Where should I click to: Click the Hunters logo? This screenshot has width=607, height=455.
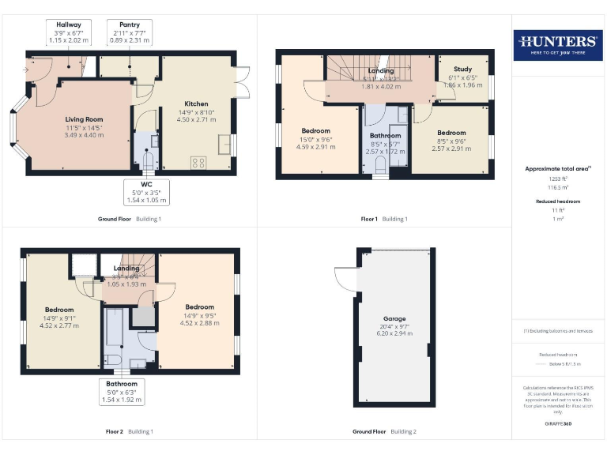click(558, 44)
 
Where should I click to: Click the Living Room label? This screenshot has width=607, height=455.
click(84, 127)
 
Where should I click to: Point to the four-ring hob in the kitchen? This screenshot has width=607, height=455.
click(198, 163)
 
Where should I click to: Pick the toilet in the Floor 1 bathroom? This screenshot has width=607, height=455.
click(381, 164)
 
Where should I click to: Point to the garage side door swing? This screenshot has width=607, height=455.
click(342, 279)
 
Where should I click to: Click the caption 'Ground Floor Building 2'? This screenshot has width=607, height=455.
click(384, 432)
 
